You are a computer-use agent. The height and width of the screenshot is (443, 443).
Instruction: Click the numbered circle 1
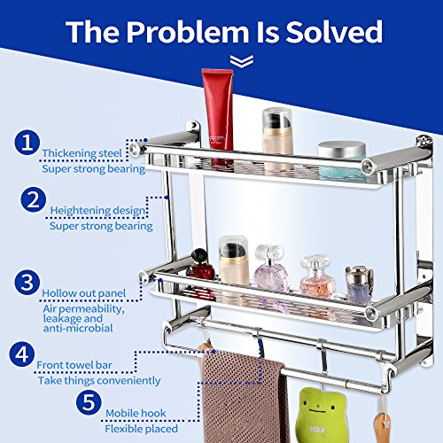pos(27,143)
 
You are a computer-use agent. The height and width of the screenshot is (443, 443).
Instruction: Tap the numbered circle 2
pos(34,199)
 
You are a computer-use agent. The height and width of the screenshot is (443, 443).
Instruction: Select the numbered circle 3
pos(27,283)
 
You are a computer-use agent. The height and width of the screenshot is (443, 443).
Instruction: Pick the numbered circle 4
pos(22,354)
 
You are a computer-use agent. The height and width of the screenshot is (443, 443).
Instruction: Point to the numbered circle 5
pos(89,402)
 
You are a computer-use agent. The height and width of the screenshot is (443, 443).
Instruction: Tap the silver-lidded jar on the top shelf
pos(342,161)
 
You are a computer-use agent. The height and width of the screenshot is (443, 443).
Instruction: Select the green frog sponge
pos(322,415)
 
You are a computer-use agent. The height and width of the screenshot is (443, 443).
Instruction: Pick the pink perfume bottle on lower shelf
pos(317,277)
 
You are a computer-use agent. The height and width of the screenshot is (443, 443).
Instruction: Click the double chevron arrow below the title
pos(242,61)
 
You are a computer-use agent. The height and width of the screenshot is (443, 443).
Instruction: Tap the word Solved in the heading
pos(334,32)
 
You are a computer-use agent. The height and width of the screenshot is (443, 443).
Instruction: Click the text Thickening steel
pos(82,153)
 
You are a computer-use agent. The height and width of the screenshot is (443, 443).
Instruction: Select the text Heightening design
pos(97,210)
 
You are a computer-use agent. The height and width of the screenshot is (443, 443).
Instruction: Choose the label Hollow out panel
pos(84,293)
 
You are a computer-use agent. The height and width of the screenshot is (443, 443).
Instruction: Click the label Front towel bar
pos(74,365)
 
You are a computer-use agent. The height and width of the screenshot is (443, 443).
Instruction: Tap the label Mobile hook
pos(136,413)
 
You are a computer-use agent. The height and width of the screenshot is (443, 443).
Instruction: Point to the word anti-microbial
pos(78,328)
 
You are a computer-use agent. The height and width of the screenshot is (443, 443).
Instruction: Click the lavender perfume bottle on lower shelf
pos(271,273)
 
